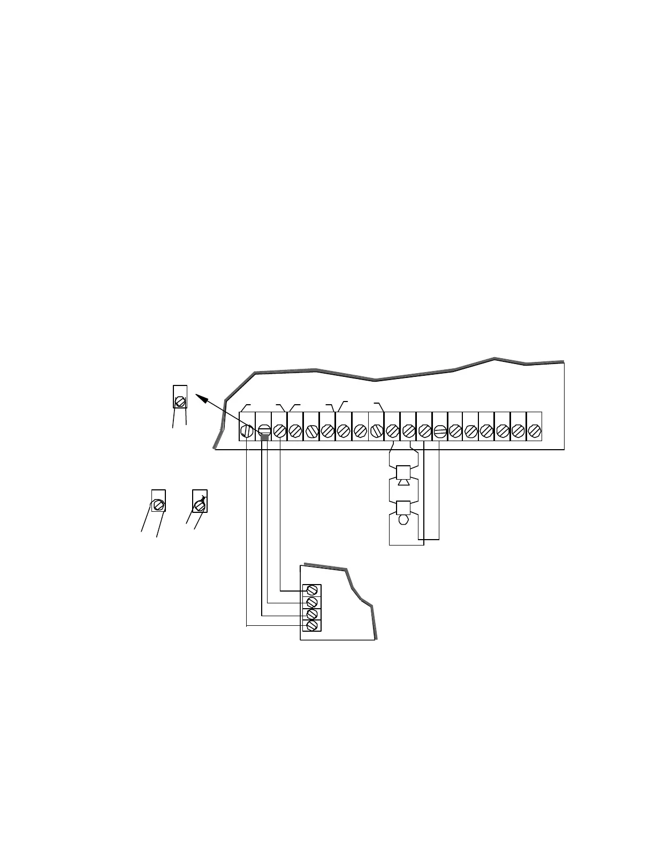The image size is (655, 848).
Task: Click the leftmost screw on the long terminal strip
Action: pyautogui.click(x=247, y=430)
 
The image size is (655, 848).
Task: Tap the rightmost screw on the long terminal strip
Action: pyautogui.click(x=534, y=430)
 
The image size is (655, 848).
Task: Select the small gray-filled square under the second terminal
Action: pyautogui.click(x=264, y=438)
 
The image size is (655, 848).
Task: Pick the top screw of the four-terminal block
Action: pyautogui.click(x=311, y=590)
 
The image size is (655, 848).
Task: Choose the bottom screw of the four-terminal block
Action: pyautogui.click(x=311, y=625)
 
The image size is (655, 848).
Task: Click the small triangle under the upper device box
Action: pyautogui.click(x=403, y=482)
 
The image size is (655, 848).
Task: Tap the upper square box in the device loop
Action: pyautogui.click(x=403, y=473)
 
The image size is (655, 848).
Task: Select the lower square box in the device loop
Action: pyautogui.click(x=403, y=508)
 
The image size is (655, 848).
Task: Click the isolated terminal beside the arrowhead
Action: pyautogui.click(x=180, y=400)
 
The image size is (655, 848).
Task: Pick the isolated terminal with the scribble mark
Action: pyautogui.click(x=200, y=504)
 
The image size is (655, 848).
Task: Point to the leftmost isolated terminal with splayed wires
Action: pyautogui.click(x=158, y=504)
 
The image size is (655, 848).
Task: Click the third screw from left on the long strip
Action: pyautogui.click(x=279, y=430)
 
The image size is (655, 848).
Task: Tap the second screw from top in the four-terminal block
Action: pyautogui.click(x=311, y=602)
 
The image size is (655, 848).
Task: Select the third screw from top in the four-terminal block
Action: pyautogui.click(x=311, y=614)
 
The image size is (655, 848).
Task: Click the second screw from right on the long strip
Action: pyautogui.click(x=518, y=430)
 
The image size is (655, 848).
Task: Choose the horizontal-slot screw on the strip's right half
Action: pyautogui.click(x=439, y=430)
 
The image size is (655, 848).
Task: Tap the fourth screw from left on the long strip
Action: pyautogui.click(x=295, y=430)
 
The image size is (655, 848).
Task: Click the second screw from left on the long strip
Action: pyautogui.click(x=263, y=430)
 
